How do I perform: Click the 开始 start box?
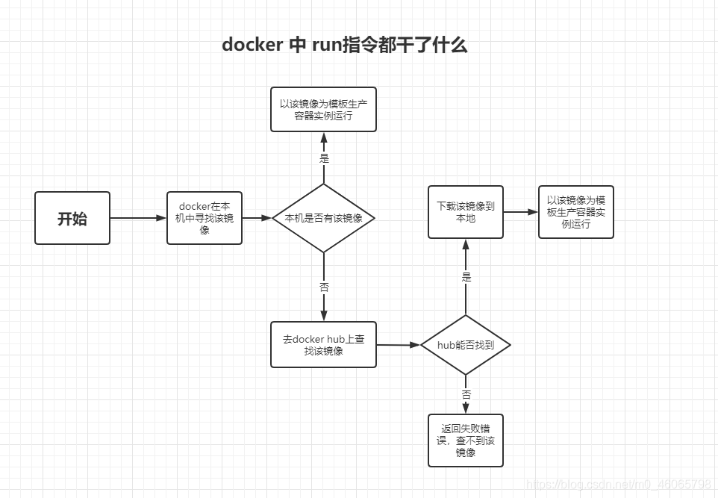pyautogui.click(x=72, y=218)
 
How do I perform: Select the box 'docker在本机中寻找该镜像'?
pyautogui.click(x=205, y=218)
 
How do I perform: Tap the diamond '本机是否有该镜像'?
pyautogui.click(x=324, y=218)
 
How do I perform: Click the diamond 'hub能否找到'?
pyautogui.click(x=466, y=345)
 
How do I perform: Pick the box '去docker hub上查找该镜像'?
pyautogui.click(x=323, y=345)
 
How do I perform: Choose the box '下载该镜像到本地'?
pyautogui.click(x=466, y=212)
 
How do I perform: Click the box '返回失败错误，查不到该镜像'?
pyautogui.click(x=466, y=441)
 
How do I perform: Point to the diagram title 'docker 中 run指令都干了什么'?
pyautogui.click(x=345, y=45)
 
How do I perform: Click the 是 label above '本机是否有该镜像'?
pyautogui.click(x=324, y=158)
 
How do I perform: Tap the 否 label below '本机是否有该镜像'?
pyautogui.click(x=324, y=287)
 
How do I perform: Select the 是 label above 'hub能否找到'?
pyautogui.click(x=466, y=277)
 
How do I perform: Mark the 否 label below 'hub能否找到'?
pyautogui.click(x=466, y=393)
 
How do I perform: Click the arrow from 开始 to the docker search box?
pyautogui.click(x=138, y=218)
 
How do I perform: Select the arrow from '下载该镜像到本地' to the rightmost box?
pyautogui.click(x=521, y=212)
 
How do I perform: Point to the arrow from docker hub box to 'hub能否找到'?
pyautogui.click(x=398, y=345)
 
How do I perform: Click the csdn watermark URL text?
pyautogui.click(x=619, y=485)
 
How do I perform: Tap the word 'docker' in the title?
pyautogui.click(x=252, y=45)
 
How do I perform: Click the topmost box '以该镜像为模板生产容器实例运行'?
pyautogui.click(x=323, y=110)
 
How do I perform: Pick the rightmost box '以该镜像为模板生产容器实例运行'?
pyautogui.click(x=576, y=212)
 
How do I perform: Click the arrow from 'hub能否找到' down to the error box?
pyautogui.click(x=466, y=403)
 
